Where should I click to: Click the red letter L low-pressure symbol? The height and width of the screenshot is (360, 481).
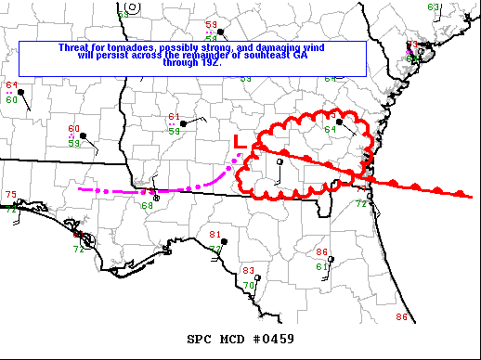(x=239, y=142)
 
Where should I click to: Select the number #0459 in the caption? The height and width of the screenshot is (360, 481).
(x=272, y=339)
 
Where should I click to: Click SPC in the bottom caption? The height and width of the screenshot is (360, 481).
(x=200, y=339)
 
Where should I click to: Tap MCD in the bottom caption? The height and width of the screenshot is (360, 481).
(x=233, y=339)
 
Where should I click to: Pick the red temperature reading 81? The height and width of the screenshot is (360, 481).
(x=215, y=235)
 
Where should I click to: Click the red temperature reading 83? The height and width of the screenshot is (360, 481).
(x=248, y=271)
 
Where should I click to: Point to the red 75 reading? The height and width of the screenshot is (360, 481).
(x=11, y=194)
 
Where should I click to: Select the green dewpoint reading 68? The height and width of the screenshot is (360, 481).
(x=147, y=205)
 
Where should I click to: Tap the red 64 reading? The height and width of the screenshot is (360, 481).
(x=11, y=85)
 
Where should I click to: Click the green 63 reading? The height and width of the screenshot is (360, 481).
(x=434, y=7)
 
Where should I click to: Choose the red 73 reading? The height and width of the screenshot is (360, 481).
(x=412, y=45)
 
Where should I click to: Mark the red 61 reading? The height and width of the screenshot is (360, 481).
(x=174, y=117)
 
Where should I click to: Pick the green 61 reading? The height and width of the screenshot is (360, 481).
(x=321, y=267)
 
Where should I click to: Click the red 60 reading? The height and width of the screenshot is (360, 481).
(x=74, y=129)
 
